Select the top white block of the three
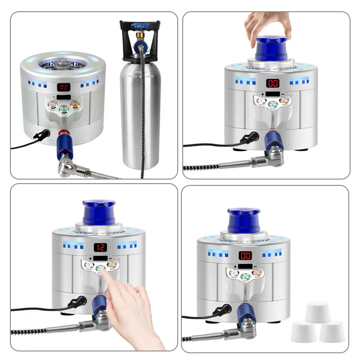(318, 312)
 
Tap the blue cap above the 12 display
(99, 213)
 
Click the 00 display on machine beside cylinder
(64, 88)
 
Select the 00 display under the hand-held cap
(273, 83)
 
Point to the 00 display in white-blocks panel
(245, 256)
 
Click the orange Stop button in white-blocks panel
(256, 275)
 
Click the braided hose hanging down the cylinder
(143, 112)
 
